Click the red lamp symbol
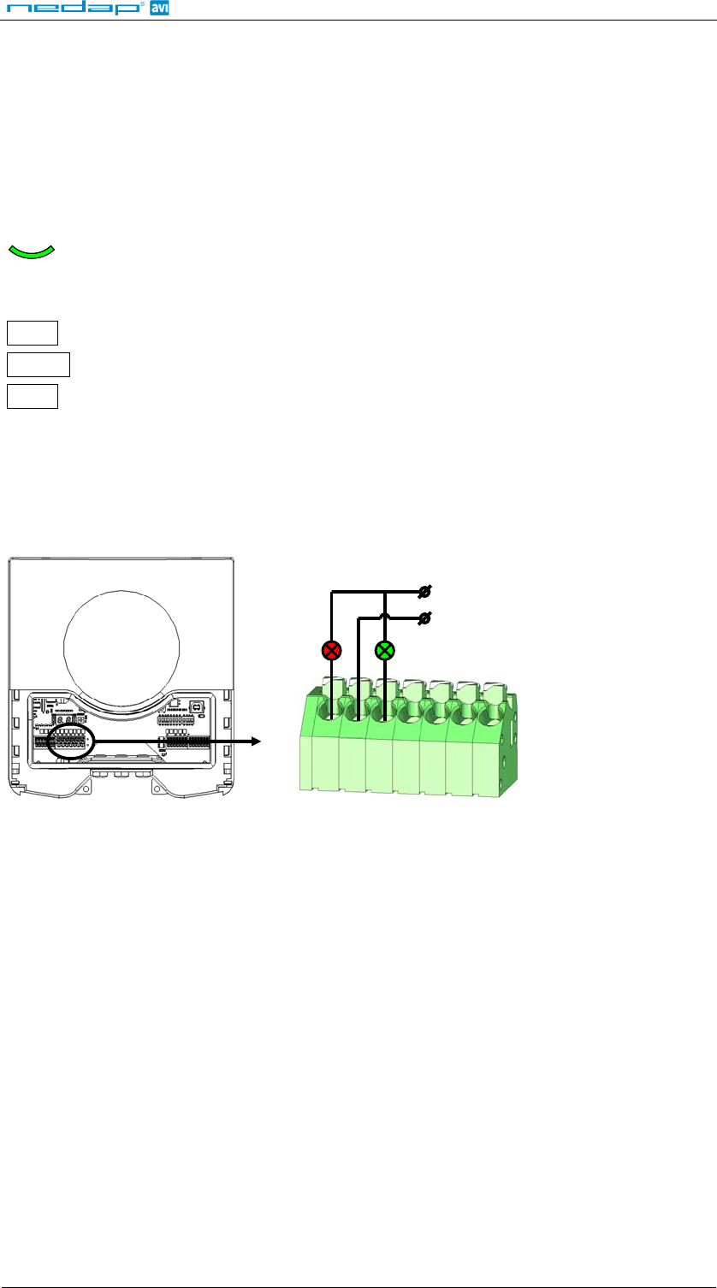click(331, 651)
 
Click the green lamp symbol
click(385, 651)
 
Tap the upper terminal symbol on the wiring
click(424, 591)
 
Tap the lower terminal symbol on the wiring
click(424, 618)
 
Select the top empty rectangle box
click(33, 333)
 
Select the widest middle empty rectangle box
click(39, 364)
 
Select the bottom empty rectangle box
click(33, 396)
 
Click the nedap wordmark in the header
click(73, 8)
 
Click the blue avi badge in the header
click(159, 8)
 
